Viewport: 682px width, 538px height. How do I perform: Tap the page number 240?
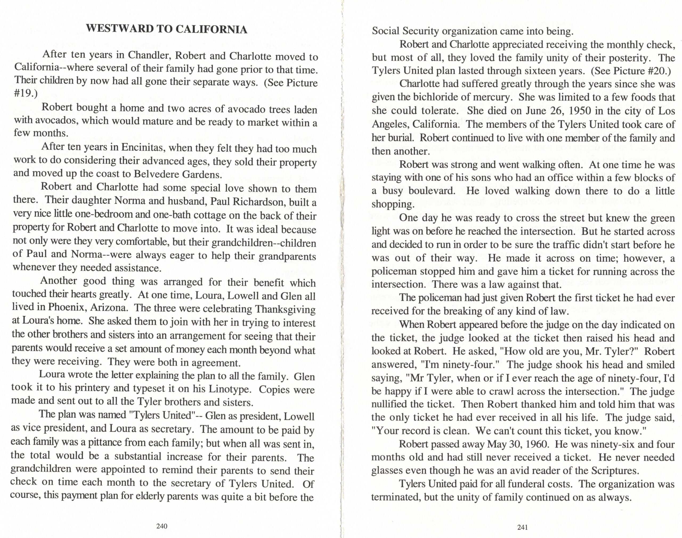tap(162, 526)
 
